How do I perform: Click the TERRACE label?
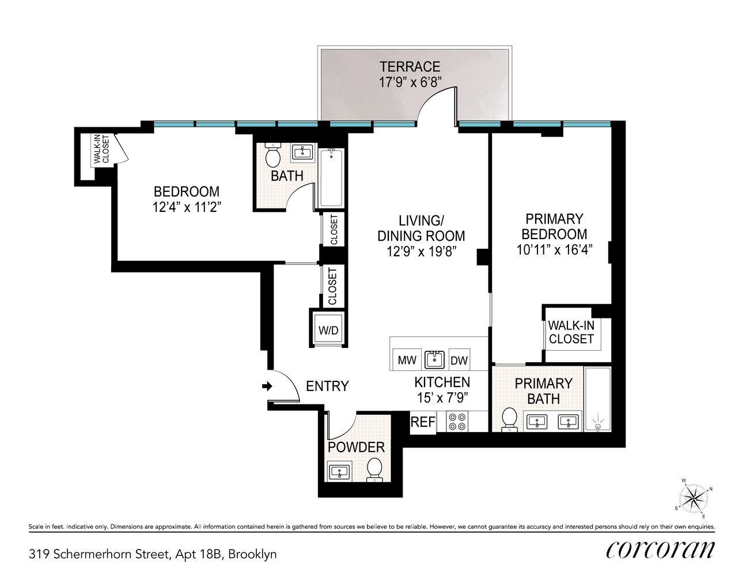pos(410,67)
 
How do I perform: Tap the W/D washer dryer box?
pos(328,330)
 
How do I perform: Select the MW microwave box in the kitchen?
pos(407,361)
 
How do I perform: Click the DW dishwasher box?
pos(459,361)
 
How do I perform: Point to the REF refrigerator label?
pos(422,422)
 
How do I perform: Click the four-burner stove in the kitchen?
pos(457,422)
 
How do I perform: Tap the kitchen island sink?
pos(434,359)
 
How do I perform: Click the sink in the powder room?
pos(339,472)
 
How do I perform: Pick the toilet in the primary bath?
pos(509,419)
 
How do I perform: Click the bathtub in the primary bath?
pos(597,399)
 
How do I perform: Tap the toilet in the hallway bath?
pos(272,156)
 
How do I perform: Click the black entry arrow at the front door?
pos(267,386)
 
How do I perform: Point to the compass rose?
pos(694,498)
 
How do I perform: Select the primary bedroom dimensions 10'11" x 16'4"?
pos(554,250)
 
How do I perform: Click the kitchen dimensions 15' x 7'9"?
pos(442,397)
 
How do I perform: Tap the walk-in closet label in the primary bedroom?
pos(571,332)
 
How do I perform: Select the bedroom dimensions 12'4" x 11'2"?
pos(187,207)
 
